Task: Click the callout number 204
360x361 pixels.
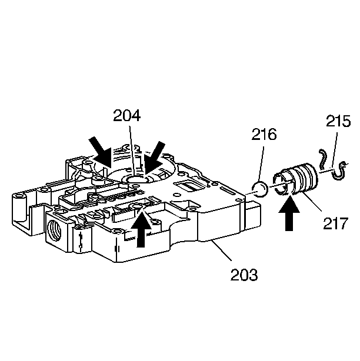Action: (x=127, y=116)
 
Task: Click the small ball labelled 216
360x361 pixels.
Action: (x=260, y=189)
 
